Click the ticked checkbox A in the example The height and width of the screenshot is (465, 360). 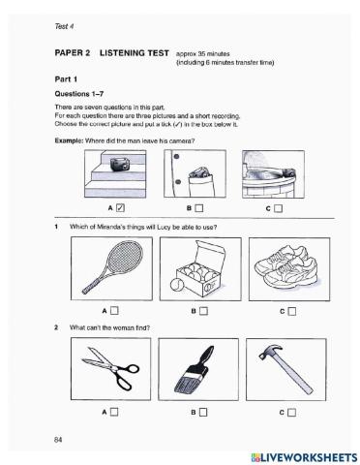[119, 206]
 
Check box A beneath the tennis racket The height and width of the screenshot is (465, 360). [114, 310]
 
